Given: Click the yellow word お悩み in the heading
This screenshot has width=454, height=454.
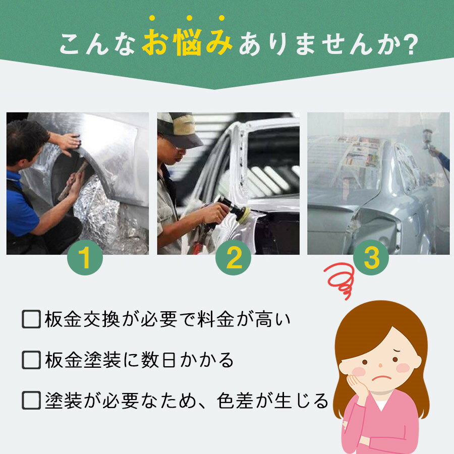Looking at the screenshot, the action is [x=187, y=42].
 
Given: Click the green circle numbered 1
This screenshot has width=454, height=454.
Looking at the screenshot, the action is [x=85, y=257].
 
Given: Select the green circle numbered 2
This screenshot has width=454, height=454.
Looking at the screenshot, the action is [x=233, y=257].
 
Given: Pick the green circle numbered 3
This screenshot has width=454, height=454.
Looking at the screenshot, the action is [x=371, y=257].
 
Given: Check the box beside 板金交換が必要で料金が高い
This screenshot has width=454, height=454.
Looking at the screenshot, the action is [x=31, y=319].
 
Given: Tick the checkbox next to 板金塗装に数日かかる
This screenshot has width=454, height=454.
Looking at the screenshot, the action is [x=31, y=360].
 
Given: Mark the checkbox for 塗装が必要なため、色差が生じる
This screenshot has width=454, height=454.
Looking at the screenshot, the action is [x=31, y=401].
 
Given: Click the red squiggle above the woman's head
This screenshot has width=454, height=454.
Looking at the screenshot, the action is [x=339, y=279].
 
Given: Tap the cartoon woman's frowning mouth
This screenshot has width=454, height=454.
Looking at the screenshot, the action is [x=382, y=377].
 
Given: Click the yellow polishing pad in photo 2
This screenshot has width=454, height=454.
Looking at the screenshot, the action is [x=243, y=214].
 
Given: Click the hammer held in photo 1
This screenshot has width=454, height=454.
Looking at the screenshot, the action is [x=73, y=181].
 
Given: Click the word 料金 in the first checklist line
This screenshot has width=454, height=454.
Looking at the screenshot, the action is [x=215, y=320].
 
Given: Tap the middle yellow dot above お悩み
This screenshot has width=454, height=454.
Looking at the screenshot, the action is [x=189, y=18].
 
